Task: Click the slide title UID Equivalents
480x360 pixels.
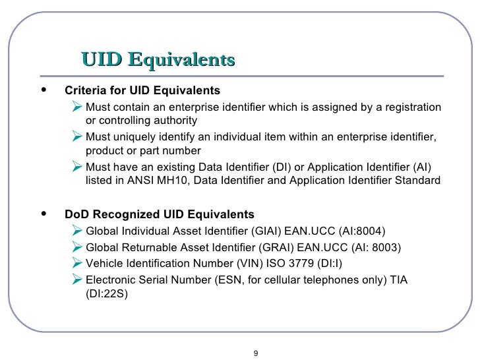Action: pyautogui.click(x=158, y=60)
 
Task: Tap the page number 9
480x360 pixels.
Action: pyautogui.click(x=256, y=352)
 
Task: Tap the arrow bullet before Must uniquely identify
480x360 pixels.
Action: pyautogui.click(x=76, y=136)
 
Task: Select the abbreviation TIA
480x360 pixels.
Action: pyautogui.click(x=398, y=280)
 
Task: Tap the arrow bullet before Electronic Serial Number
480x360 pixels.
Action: pyautogui.click(x=76, y=280)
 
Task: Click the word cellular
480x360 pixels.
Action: pyautogui.click(x=292, y=280)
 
